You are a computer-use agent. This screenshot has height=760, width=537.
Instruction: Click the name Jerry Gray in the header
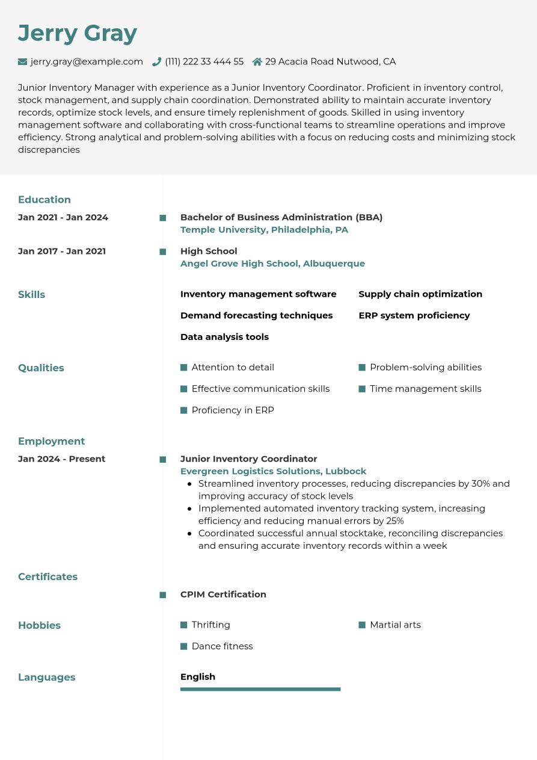[x=78, y=33]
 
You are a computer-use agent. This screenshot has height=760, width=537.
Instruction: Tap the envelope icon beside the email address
[x=23, y=61]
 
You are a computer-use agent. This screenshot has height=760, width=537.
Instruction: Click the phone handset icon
[x=157, y=61]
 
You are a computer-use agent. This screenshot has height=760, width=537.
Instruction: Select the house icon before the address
[x=257, y=61]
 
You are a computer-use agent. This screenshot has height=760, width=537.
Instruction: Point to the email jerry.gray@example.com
[x=87, y=61]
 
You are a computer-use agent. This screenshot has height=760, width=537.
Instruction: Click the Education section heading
[x=44, y=200]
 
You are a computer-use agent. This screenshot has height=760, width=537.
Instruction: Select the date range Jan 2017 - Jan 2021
[x=62, y=251]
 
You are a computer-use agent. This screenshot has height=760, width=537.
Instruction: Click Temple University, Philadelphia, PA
[x=264, y=230]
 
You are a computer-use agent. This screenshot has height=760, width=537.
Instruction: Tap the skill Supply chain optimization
[x=420, y=294]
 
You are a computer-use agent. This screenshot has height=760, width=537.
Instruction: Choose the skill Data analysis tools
[x=224, y=337]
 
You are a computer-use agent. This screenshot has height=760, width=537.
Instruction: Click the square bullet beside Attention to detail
[x=184, y=368]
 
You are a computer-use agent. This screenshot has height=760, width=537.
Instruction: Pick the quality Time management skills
[x=425, y=389]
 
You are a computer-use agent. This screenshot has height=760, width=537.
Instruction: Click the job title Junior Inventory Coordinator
[x=248, y=459]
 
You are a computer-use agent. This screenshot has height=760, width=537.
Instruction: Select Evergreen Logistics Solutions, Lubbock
[x=273, y=471]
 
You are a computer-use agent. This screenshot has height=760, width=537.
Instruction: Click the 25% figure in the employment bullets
[x=394, y=521]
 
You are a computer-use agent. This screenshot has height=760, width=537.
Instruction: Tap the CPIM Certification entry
[x=223, y=595]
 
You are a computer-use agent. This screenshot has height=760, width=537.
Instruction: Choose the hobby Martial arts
[x=395, y=625]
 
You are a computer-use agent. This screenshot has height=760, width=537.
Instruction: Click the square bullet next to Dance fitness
[x=184, y=646]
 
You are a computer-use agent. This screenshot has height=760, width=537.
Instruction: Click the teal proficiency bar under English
[x=260, y=689]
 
